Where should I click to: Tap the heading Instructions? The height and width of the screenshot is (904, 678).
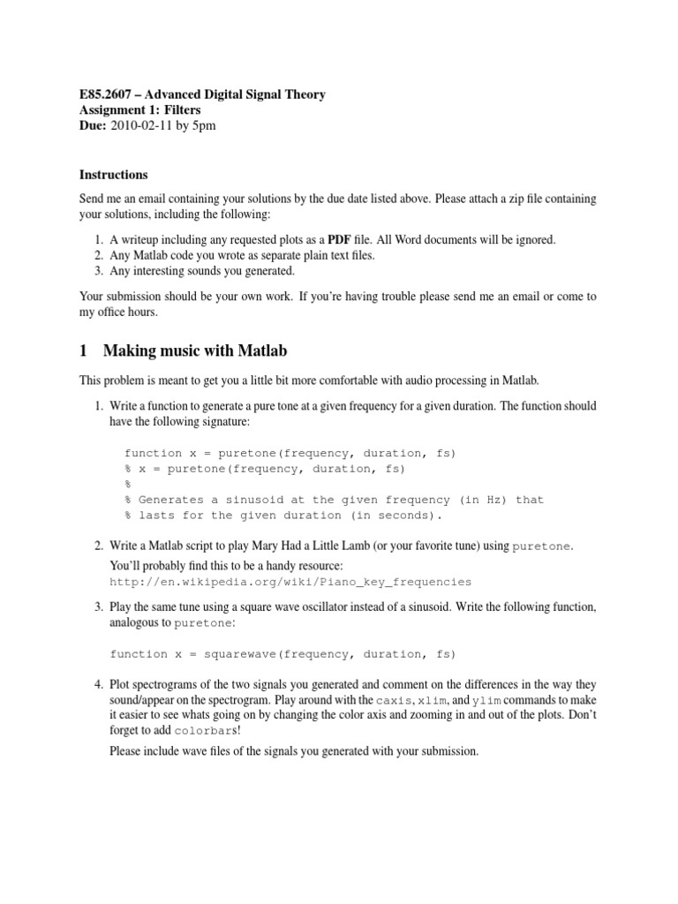[x=114, y=175]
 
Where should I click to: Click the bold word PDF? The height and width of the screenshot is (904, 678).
[x=340, y=239]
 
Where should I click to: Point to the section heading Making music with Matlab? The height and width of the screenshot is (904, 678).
[x=195, y=351]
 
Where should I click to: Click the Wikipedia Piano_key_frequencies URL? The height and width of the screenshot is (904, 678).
[x=290, y=582]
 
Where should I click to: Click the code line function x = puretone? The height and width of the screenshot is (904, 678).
[x=290, y=453]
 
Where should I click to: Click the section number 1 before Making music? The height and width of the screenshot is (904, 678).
[x=84, y=351]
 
